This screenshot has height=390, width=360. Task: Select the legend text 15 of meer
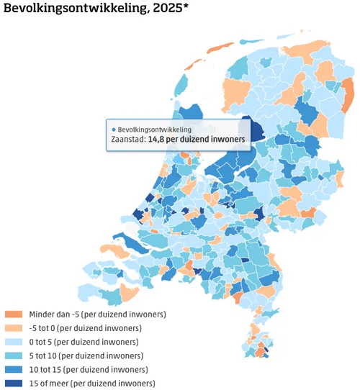click(51, 383)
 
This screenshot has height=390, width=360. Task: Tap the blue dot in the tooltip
click(114, 129)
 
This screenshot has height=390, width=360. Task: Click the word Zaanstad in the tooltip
click(127, 139)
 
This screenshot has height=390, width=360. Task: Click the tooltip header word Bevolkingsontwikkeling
click(151, 129)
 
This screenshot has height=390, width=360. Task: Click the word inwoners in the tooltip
click(225, 139)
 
